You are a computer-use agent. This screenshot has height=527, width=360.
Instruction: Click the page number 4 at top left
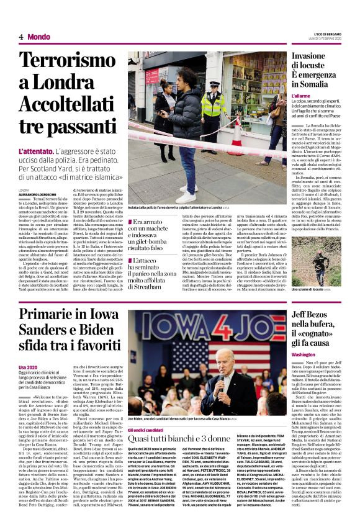click(21, 37)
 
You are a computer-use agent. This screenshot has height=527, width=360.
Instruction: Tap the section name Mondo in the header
click(38, 37)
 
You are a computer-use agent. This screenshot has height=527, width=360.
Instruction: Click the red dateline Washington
click(308, 354)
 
